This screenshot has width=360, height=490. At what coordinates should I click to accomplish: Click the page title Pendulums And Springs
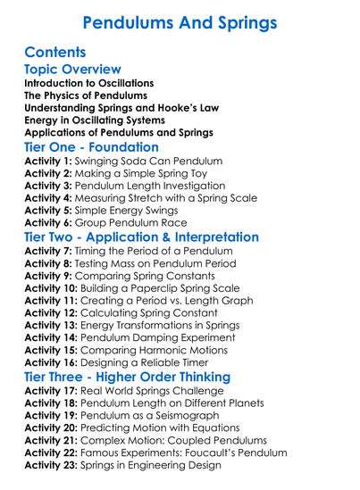click(180, 21)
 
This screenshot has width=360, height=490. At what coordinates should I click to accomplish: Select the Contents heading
click(56, 53)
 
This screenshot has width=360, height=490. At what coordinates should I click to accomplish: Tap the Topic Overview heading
click(73, 70)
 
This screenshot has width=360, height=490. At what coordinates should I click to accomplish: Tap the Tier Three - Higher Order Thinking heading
click(127, 377)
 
